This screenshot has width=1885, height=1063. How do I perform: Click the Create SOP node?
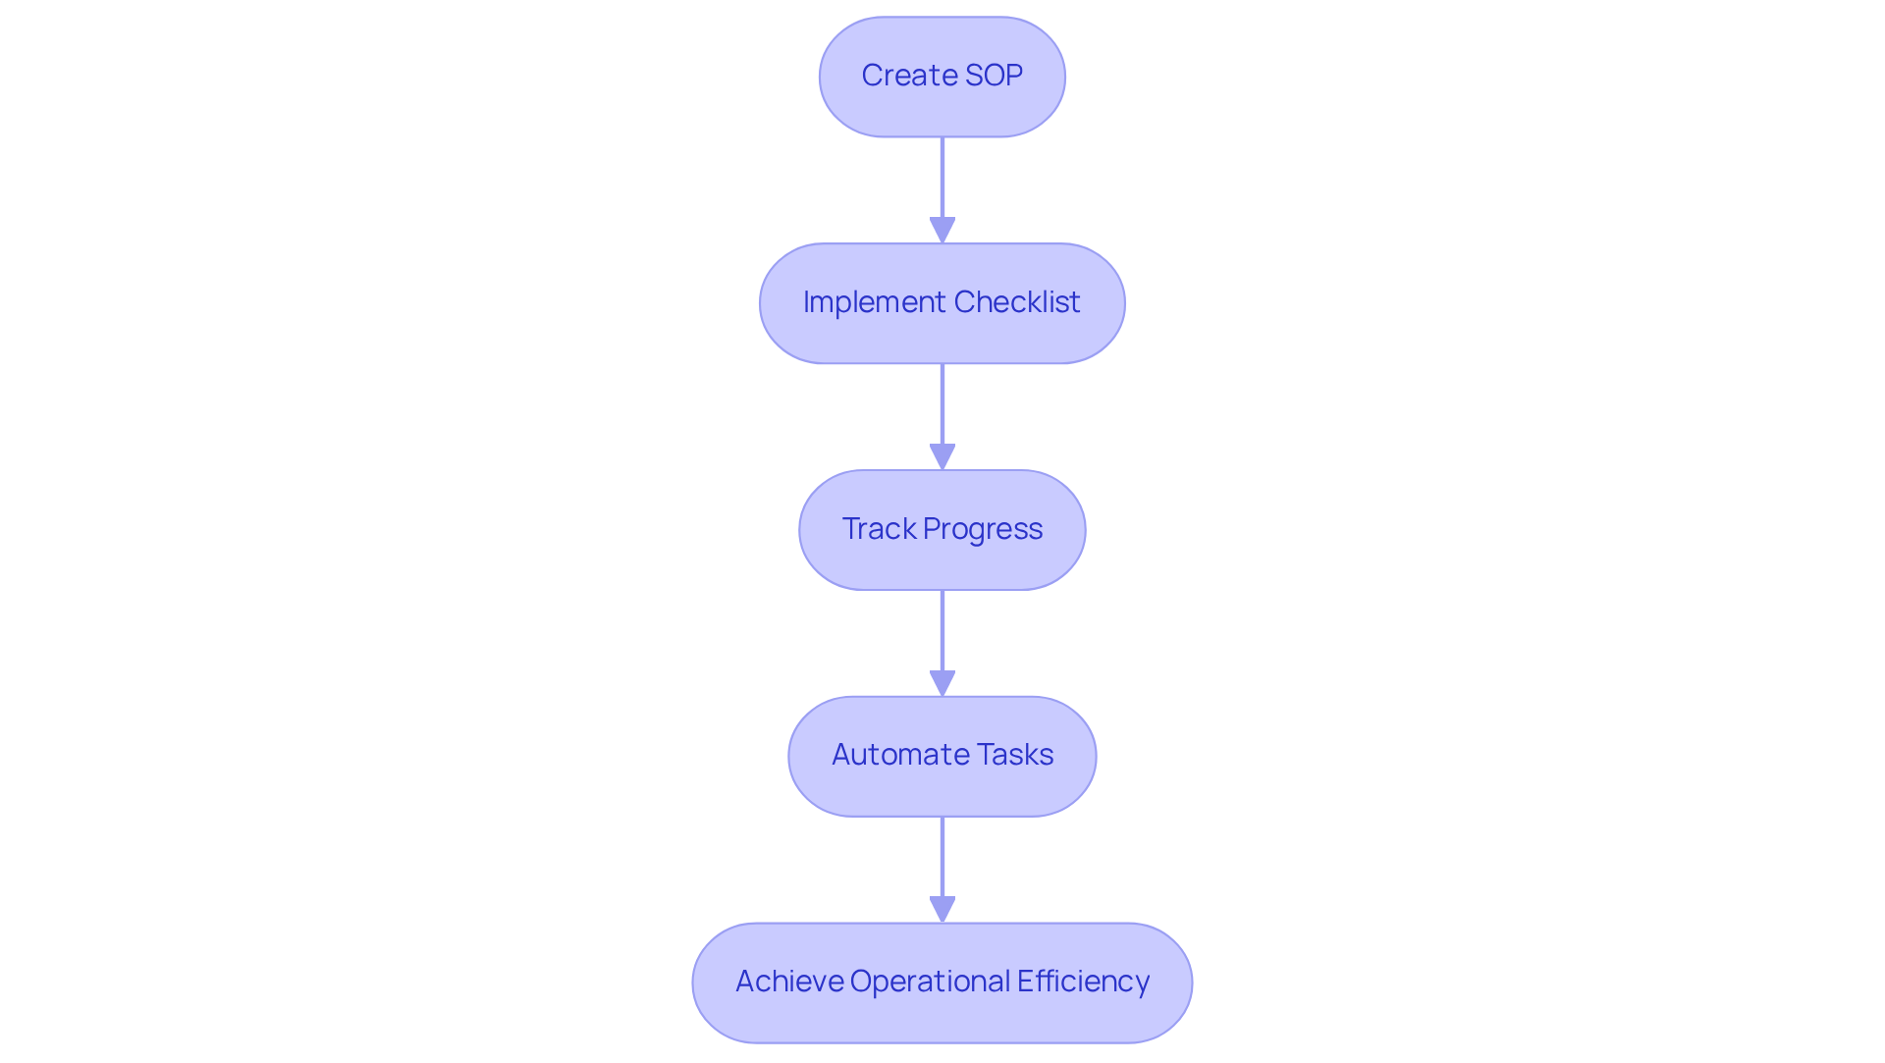(x=942, y=77)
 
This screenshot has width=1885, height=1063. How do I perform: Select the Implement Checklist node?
(x=942, y=303)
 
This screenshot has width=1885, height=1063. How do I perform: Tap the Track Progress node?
(x=942, y=530)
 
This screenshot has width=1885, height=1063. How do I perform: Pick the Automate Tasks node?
(x=942, y=756)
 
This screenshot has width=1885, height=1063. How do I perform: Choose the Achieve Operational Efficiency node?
(x=942, y=983)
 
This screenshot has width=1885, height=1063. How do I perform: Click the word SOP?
(x=995, y=76)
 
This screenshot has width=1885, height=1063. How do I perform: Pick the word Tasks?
(x=1016, y=755)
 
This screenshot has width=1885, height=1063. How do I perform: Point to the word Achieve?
(x=789, y=982)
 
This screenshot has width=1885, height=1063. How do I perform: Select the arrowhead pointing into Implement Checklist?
(x=942, y=231)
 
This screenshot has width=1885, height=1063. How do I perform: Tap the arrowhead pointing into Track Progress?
(x=942, y=457)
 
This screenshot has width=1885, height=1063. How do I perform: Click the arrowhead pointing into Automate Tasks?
(x=942, y=684)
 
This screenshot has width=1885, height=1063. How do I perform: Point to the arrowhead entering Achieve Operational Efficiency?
(x=942, y=910)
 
